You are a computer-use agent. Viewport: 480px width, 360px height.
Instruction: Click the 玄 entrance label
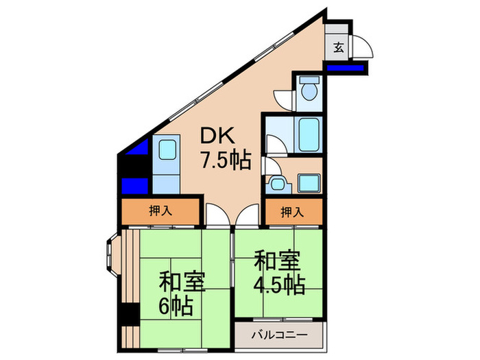click(338, 47)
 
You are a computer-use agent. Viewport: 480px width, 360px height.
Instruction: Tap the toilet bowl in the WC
click(308, 91)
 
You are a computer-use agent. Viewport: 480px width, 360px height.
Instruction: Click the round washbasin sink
click(277, 183)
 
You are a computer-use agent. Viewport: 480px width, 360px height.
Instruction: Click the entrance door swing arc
click(362, 45)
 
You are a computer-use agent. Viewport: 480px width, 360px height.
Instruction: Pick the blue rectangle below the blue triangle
click(135, 185)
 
